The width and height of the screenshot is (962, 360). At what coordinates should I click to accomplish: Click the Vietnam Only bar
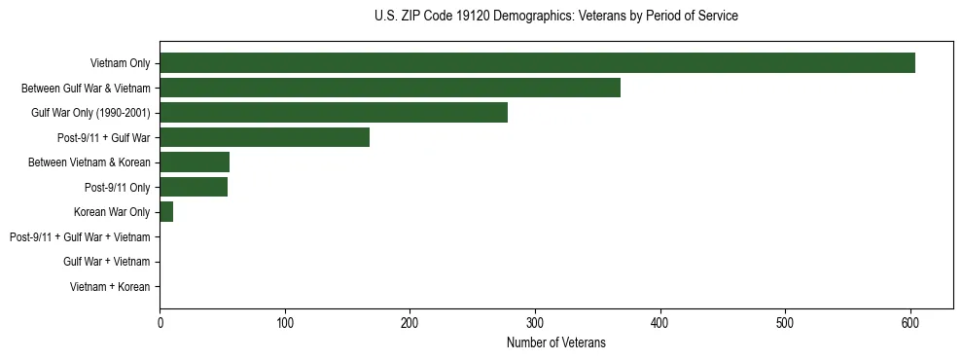pyautogui.click(x=537, y=63)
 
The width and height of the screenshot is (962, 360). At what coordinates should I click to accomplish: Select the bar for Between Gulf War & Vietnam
pyautogui.click(x=390, y=88)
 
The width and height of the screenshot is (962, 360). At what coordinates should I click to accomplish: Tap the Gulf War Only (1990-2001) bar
pyautogui.click(x=334, y=113)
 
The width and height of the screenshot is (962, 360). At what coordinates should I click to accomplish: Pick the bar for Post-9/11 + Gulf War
pyautogui.click(x=265, y=137)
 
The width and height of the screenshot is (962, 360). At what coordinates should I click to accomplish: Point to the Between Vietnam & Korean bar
pyautogui.click(x=195, y=162)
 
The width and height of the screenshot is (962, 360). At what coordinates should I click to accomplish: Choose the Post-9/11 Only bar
pyautogui.click(x=194, y=187)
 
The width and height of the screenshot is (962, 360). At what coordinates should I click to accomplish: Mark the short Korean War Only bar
pyautogui.click(x=166, y=212)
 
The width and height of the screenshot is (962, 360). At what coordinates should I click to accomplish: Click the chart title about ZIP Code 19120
pyautogui.click(x=555, y=17)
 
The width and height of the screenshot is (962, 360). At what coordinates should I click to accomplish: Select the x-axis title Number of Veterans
pyautogui.click(x=555, y=342)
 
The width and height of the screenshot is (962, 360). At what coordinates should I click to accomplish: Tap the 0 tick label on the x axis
pyautogui.click(x=160, y=322)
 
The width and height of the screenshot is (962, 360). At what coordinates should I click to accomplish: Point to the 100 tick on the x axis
pyautogui.click(x=285, y=322)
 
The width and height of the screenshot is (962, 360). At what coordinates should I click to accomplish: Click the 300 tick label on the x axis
pyautogui.click(x=535, y=322)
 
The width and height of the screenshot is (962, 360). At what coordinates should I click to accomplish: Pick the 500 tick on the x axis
pyautogui.click(x=785, y=322)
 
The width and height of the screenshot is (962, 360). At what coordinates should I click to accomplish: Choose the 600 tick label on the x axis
pyautogui.click(x=910, y=322)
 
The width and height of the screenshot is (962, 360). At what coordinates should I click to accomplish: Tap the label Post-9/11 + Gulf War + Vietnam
pyautogui.click(x=80, y=236)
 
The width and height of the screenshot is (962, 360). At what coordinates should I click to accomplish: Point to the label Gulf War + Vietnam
pyautogui.click(x=107, y=262)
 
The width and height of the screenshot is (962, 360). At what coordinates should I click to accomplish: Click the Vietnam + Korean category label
pyautogui.click(x=110, y=286)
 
